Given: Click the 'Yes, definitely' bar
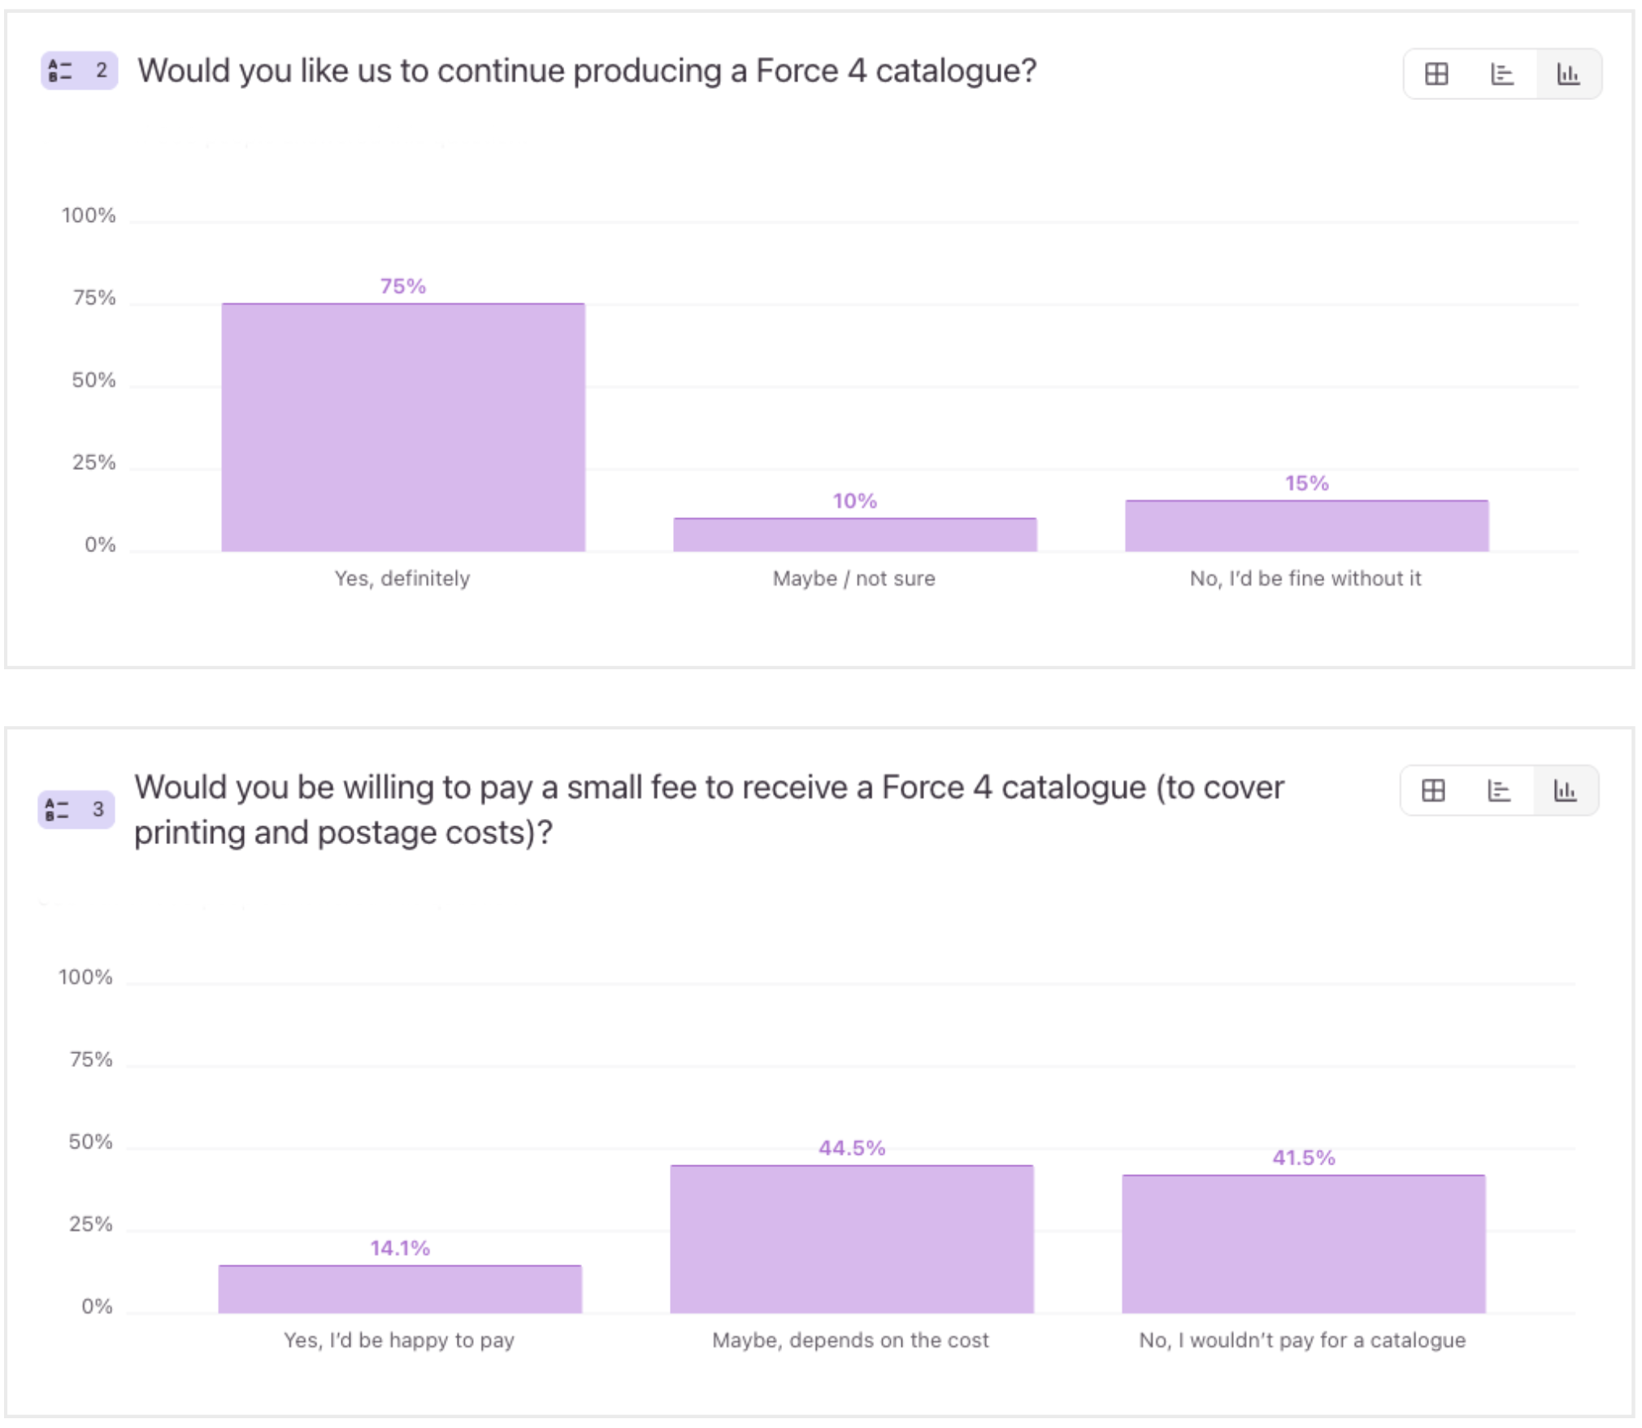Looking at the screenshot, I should (x=403, y=428).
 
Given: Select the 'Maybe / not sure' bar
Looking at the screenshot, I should (x=854, y=535).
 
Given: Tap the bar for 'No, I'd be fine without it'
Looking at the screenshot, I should (x=1306, y=526).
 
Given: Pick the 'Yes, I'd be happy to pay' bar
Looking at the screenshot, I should (x=400, y=1289).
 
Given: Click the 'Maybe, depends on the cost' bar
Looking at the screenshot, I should (x=851, y=1239).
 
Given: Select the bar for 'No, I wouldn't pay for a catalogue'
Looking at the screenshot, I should (x=1303, y=1244).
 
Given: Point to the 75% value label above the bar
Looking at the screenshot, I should (x=403, y=286).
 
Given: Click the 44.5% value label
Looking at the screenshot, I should (x=851, y=1148).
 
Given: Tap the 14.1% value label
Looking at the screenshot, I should (x=400, y=1248).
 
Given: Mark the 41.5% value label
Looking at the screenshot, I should (x=1303, y=1158).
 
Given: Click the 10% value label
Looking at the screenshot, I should (x=854, y=501).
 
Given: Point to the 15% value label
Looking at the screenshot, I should (x=1306, y=483).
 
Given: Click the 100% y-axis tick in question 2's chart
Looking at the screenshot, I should (x=89, y=216).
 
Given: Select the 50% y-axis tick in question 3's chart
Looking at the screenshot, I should (x=90, y=1142).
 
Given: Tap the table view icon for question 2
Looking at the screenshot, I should (x=1436, y=74).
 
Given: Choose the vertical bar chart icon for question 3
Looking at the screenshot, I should (x=1565, y=790).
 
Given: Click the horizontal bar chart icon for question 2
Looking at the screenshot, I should (x=1501, y=74).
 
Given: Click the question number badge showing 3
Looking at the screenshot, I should (x=76, y=809).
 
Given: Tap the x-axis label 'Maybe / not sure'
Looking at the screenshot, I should (x=854, y=578).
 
